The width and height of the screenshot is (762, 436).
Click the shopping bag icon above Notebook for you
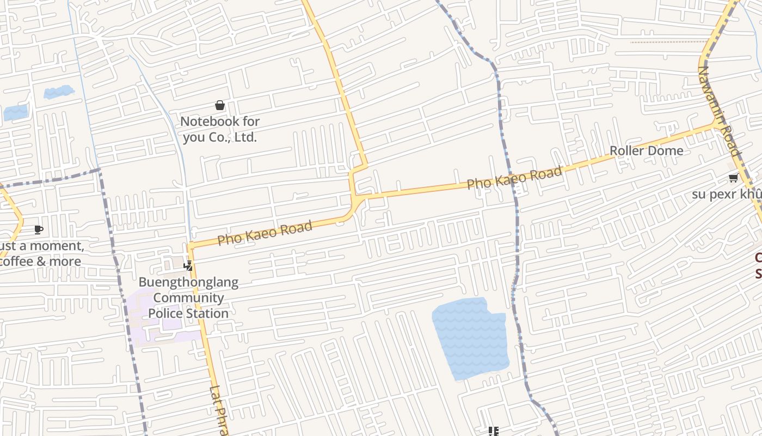point(220,105)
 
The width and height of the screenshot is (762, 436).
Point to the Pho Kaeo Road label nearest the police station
point(265,233)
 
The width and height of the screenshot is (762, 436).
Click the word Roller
point(626,150)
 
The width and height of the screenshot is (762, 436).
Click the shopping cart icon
point(733,178)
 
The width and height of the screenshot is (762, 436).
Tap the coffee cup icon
point(38,229)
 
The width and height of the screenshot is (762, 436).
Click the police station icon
point(188,266)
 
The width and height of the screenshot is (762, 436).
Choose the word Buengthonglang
point(188,282)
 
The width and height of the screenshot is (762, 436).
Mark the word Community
point(188,298)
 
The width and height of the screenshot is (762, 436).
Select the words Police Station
point(188,313)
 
